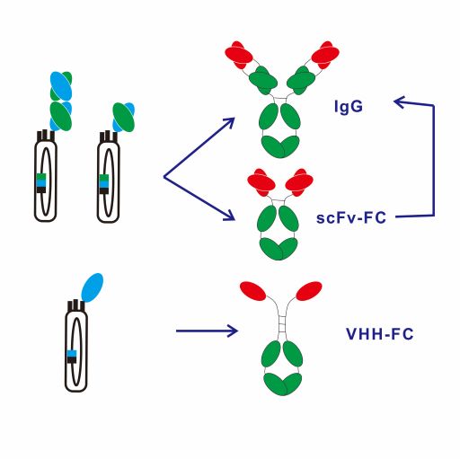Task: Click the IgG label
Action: click(x=349, y=107)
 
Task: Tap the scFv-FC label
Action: click(x=351, y=217)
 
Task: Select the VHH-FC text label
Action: click(x=380, y=334)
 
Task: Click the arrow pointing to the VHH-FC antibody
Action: click(x=207, y=331)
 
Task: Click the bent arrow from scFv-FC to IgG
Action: click(x=434, y=160)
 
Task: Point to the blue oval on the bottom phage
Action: click(x=93, y=287)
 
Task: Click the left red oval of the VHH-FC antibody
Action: click(x=252, y=291)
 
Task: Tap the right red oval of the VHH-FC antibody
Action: click(x=309, y=291)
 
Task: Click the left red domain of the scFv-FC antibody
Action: click(x=261, y=182)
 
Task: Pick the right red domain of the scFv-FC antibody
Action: click(x=299, y=182)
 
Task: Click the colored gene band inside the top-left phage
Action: click(x=41, y=183)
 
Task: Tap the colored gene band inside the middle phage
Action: click(x=103, y=184)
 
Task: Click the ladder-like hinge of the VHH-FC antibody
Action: click(x=282, y=322)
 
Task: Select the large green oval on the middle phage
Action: click(x=123, y=118)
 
